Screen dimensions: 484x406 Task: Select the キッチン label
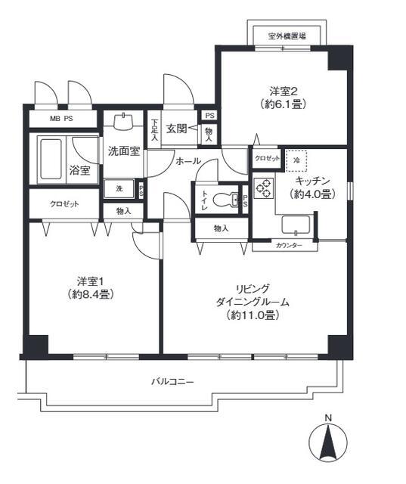point(311,181)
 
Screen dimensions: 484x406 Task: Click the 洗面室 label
point(122,150)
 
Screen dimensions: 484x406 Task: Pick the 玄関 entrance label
point(177,129)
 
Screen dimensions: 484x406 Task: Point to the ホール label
point(188,161)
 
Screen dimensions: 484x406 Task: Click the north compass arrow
point(327,443)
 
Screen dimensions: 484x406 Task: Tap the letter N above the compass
point(327,417)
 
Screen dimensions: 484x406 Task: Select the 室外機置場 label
point(288,36)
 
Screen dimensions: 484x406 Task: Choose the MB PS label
point(62,119)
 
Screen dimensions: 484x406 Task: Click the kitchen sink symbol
point(296,225)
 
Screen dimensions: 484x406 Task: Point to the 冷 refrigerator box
point(297,160)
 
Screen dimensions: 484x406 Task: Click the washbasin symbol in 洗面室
point(123,119)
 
